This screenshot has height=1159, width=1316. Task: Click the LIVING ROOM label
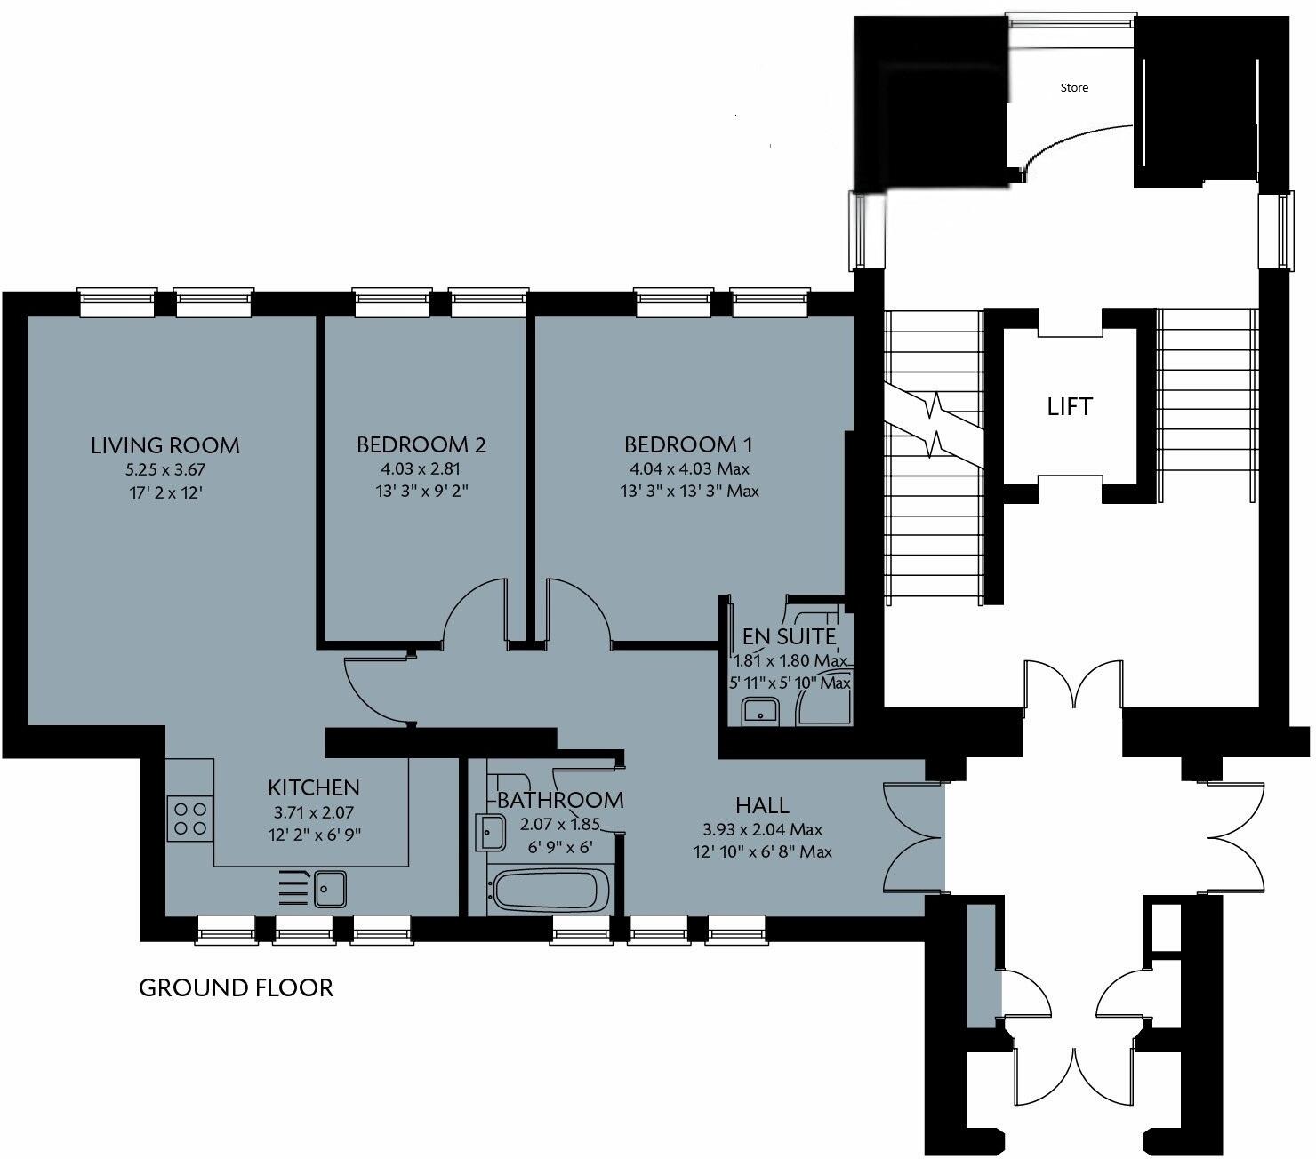coord(165,444)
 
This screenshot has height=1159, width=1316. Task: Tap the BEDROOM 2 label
coord(421,444)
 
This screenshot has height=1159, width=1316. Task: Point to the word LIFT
coord(1070,407)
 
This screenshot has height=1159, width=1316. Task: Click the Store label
coord(1074,87)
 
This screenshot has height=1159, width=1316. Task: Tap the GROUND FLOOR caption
coord(237,987)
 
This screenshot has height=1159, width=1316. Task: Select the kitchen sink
coord(330,888)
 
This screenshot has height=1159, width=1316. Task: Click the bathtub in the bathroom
coord(551,891)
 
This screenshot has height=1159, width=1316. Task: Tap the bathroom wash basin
coord(491,833)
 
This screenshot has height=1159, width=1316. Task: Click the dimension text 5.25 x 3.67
coord(165,469)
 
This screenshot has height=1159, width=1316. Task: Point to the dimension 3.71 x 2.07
coord(313,811)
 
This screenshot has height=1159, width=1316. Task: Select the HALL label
coord(762,805)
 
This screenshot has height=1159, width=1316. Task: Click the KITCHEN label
coord(314,787)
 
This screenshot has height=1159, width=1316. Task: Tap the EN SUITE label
coord(790,636)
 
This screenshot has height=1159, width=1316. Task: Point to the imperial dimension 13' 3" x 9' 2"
coord(421,491)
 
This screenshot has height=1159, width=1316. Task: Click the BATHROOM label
coord(560,800)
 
